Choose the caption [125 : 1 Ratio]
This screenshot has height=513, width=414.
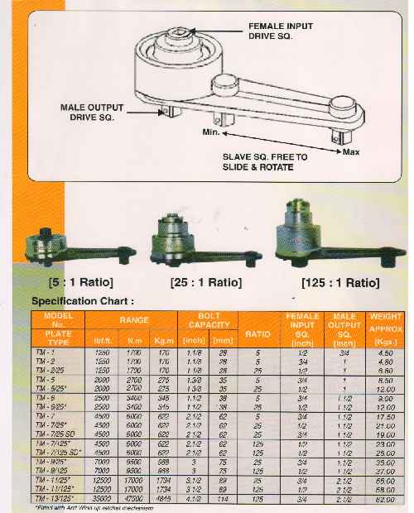pyautogui.click(x=339, y=283)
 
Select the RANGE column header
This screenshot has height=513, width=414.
pyautogui.click(x=132, y=318)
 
